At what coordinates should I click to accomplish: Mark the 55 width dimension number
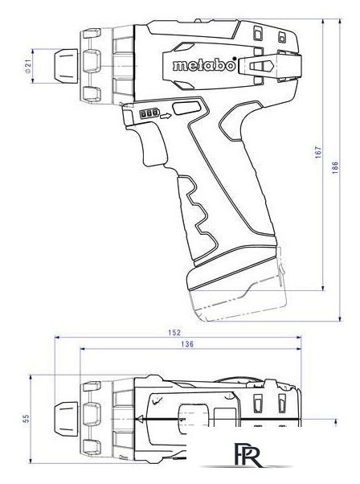click(26, 418)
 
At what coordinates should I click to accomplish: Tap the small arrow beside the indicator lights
click(165, 115)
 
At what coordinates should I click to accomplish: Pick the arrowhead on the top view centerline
click(142, 418)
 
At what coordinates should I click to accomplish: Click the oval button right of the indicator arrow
click(186, 108)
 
